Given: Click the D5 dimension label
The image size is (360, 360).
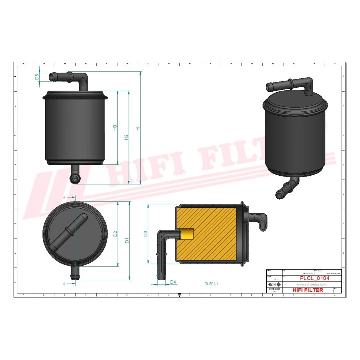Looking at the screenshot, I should point(37,77).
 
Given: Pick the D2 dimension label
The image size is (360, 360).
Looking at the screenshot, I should point(115,234).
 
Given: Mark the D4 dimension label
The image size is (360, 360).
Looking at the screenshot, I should point(173,282).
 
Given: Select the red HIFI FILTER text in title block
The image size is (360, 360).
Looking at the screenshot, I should point(307,290).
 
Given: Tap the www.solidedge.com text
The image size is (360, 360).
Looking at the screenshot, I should point(301,284).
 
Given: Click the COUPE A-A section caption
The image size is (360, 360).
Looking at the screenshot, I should point(212,283).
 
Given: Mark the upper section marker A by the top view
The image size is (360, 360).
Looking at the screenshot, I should point(64,198).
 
